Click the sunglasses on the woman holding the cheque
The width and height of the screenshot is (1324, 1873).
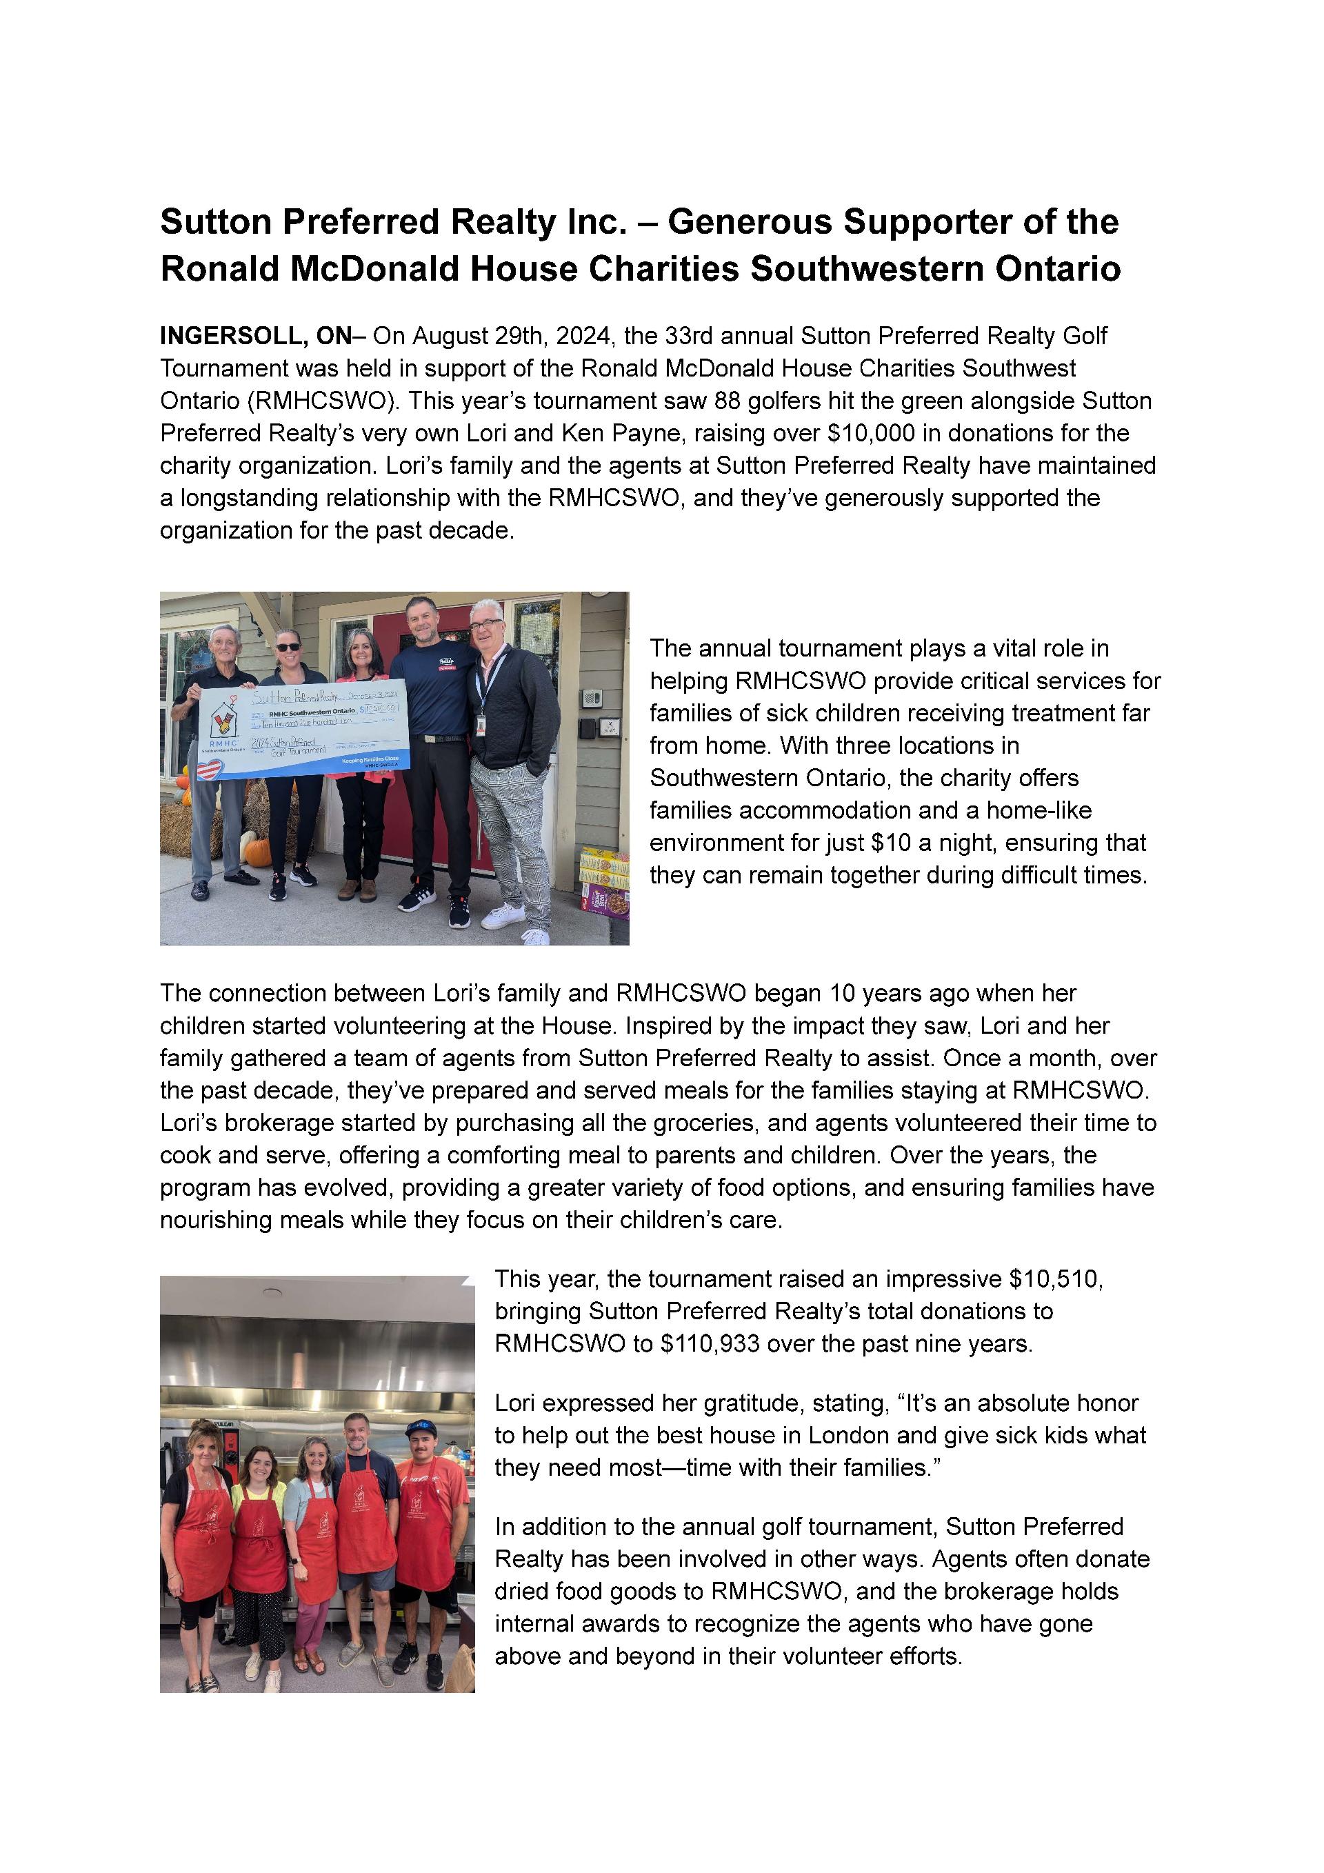(x=289, y=647)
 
